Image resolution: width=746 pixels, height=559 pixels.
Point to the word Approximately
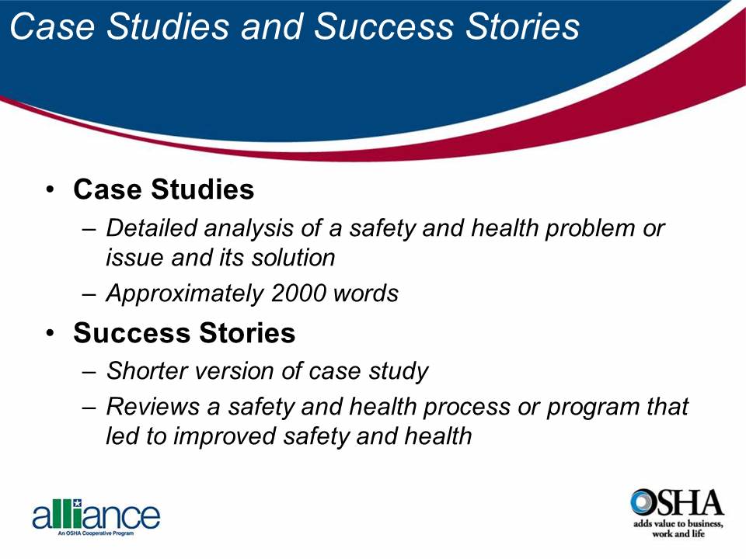[x=184, y=293]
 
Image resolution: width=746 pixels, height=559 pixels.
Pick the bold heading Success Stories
[x=184, y=332]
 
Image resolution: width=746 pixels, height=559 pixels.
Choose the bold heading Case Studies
[x=163, y=189]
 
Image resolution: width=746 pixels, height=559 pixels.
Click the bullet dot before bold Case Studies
[x=51, y=190]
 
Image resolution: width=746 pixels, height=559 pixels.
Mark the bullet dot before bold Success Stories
[x=51, y=333]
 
